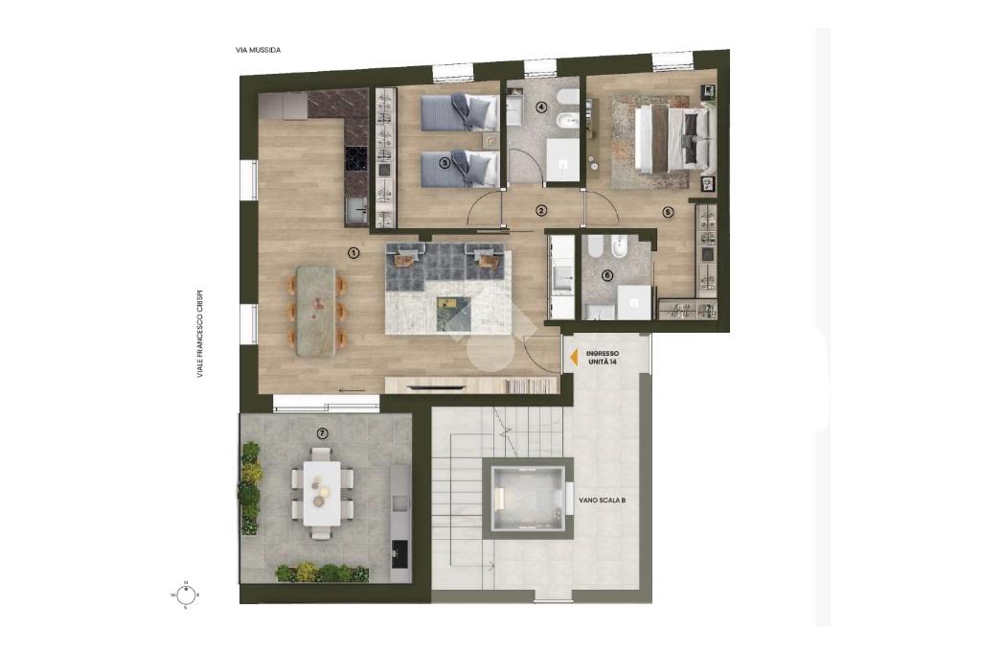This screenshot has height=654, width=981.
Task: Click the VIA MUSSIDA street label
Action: point(259,50)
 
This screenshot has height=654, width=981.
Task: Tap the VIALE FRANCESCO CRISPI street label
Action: point(200,334)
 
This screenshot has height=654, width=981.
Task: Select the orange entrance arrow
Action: point(573,357)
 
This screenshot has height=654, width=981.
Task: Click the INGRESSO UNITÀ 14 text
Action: point(603,358)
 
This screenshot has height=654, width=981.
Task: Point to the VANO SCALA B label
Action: point(603,501)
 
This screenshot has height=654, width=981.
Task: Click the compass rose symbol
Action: point(186,594)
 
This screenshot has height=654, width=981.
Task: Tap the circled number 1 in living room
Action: point(354,253)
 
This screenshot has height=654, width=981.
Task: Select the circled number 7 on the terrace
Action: point(322,432)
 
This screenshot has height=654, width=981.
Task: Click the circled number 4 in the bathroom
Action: point(541,107)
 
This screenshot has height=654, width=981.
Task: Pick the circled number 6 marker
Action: point(606,275)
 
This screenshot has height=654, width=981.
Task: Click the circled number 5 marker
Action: point(668,212)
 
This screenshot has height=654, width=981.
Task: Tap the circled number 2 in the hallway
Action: point(541,211)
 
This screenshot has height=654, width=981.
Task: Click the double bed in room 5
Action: point(674,140)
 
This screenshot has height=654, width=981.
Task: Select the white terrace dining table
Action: point(322,493)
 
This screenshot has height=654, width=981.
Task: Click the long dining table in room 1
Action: point(316,312)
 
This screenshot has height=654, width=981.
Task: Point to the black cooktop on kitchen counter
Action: point(356,158)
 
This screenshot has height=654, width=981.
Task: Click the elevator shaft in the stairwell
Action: point(532,498)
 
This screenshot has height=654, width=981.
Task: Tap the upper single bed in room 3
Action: point(459,112)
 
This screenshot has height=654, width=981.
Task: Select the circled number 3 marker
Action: point(445,163)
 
